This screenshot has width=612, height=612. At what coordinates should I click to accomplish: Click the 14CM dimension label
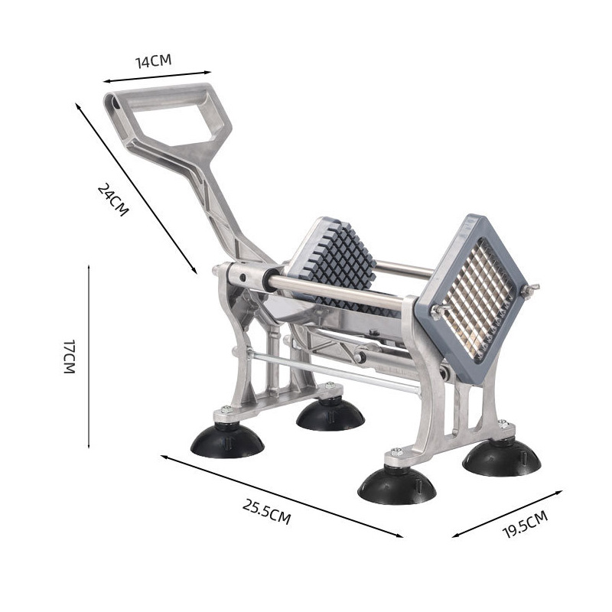point(154,61)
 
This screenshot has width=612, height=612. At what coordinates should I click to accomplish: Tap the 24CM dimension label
point(112,200)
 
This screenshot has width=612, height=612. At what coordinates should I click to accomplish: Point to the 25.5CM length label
point(266,511)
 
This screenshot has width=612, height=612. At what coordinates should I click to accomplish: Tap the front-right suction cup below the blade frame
point(397,485)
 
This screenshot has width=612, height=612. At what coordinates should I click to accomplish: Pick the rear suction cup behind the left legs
point(330,415)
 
